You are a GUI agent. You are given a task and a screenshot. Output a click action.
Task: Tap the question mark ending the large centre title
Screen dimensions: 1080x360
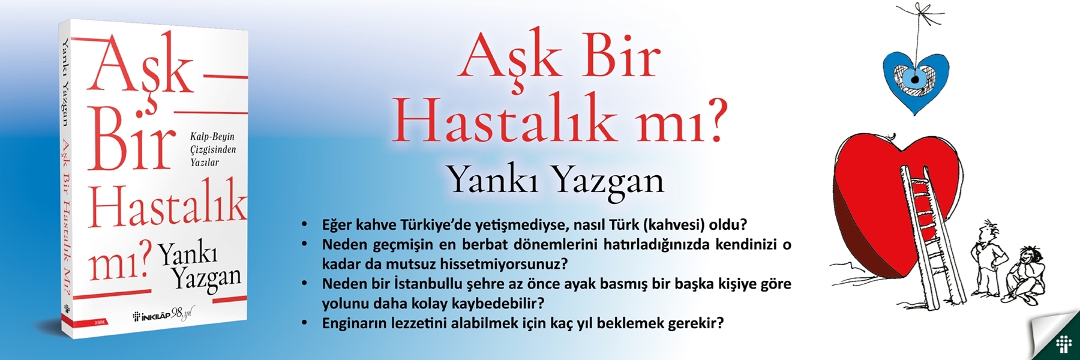point(710,119)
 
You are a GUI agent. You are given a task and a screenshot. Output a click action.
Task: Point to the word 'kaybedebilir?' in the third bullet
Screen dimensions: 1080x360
point(500,303)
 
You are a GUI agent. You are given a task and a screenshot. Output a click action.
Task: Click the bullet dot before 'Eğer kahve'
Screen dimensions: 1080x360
point(305,225)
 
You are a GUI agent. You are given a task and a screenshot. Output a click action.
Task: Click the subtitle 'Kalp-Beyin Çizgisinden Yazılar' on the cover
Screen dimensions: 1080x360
point(213,149)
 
